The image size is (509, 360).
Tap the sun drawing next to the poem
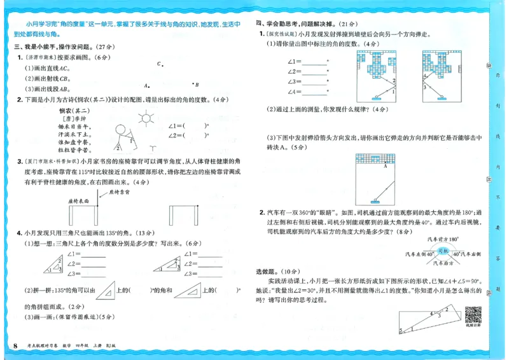(x=148, y=118)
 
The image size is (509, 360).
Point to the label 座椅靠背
(x=119, y=190)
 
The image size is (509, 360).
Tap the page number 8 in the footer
(x=15, y=345)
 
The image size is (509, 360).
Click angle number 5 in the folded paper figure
(x=401, y=330)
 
